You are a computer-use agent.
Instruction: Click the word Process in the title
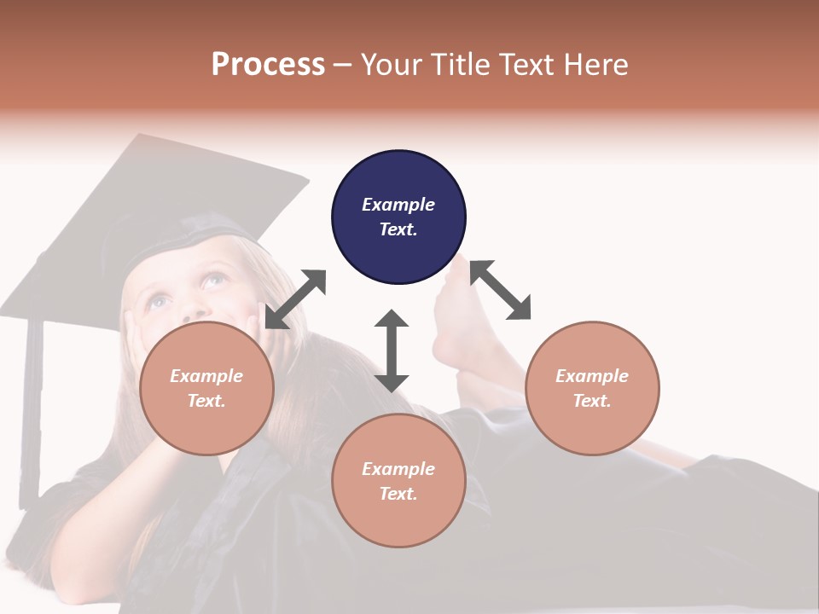tap(268, 65)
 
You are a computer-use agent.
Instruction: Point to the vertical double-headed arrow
tap(392, 350)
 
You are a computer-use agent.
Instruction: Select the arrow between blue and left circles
tap(295, 299)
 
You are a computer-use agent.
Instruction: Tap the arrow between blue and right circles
tap(501, 290)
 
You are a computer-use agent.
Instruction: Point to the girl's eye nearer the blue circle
tap(214, 280)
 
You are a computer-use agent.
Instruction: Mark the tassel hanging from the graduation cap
tap(32, 409)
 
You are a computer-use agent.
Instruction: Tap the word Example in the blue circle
tap(398, 205)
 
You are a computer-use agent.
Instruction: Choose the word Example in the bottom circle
tap(398, 469)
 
